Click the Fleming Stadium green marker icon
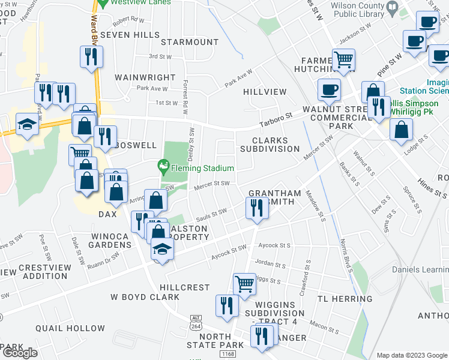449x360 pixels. click(x=162, y=165)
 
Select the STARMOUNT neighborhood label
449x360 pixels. click(x=190, y=42)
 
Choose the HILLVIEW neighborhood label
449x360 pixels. click(x=265, y=92)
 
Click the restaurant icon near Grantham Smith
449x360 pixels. click(x=256, y=208)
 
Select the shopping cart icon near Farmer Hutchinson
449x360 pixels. click(x=344, y=59)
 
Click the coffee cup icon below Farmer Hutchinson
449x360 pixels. click(x=328, y=90)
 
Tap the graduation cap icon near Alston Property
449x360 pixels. click(x=161, y=249)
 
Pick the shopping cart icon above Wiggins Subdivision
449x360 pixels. click(x=244, y=283)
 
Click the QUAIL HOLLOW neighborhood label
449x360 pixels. click(x=70, y=328)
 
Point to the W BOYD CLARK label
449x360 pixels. click(x=145, y=297)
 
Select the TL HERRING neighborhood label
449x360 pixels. click(x=340, y=299)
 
